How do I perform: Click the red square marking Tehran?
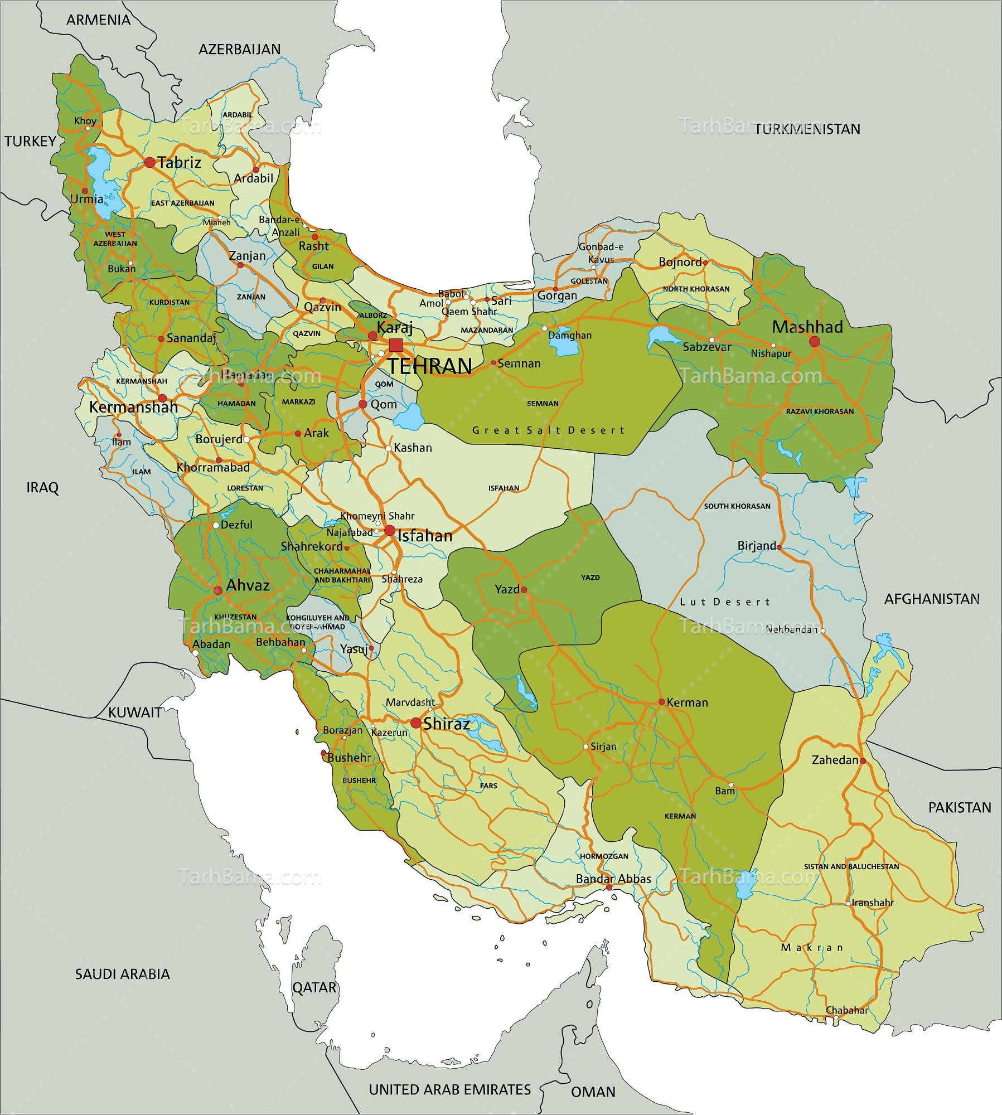(395, 345)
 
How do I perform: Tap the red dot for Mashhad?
(815, 341)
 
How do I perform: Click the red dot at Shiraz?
(415, 723)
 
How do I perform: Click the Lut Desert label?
(725, 602)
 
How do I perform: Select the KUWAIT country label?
(135, 712)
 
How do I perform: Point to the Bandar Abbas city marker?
(609, 887)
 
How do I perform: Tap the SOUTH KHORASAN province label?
(737, 506)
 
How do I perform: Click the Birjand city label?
(756, 546)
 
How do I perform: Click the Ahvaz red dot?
(218, 590)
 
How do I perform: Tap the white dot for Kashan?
(389, 448)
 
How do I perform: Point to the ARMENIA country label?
(98, 20)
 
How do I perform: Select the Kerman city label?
(687, 702)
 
